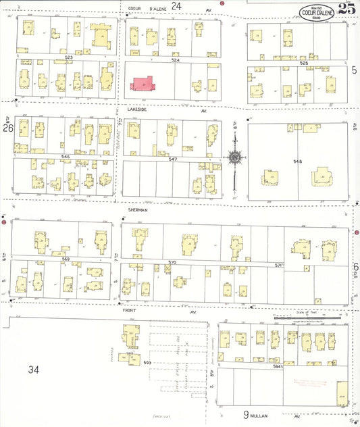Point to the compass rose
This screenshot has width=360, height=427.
[234, 157]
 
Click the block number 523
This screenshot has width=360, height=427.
[68, 58]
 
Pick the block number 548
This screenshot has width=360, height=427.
[297, 161]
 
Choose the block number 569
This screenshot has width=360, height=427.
[66, 259]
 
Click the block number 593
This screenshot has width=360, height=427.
[146, 362]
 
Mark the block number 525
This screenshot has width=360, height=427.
[303, 62]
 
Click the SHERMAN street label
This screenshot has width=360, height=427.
[137, 210]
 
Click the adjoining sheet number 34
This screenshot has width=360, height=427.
[34, 370]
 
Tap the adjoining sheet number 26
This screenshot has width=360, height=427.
[7, 127]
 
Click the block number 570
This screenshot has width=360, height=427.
[172, 261]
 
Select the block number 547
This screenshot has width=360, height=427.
[173, 159]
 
